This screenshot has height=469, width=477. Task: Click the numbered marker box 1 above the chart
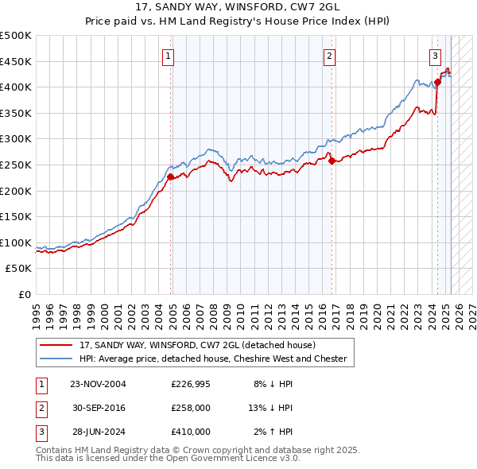pos(170,56)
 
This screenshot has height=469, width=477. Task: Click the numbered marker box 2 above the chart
pos(329,56)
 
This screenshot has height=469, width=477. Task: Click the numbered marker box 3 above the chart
pos(436,56)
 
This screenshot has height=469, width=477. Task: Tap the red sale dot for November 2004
pos(170,176)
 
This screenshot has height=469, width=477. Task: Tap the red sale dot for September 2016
pos(331,161)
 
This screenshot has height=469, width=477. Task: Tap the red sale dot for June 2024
pos(437,82)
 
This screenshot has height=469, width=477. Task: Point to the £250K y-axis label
pos(16,165)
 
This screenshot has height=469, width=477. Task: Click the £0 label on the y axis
pos(24,294)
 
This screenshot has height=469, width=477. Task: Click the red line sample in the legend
pos(56,346)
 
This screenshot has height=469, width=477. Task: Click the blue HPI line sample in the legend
pos(56,359)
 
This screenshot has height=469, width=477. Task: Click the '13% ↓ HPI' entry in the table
pos(270,408)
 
